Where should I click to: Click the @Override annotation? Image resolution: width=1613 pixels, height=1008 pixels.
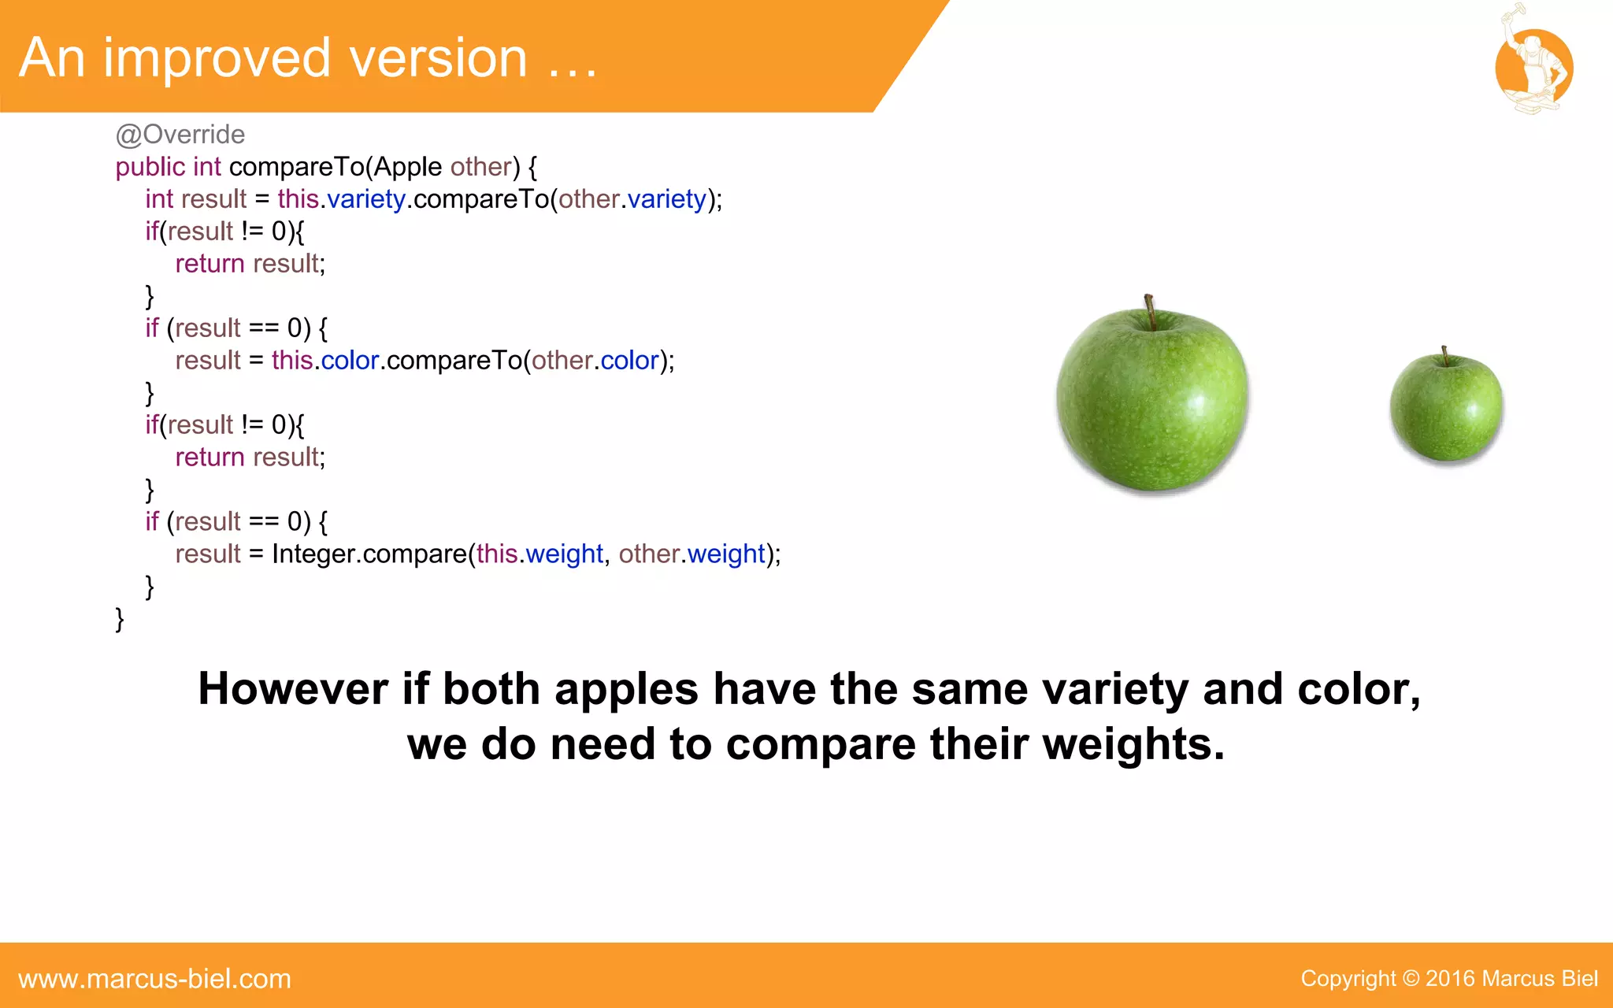coord(180,135)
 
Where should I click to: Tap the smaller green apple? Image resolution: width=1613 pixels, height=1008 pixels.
coord(1446,407)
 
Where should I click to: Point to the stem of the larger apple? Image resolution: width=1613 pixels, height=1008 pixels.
coord(1150,310)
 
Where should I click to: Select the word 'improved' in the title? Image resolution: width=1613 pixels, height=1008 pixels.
coord(217,58)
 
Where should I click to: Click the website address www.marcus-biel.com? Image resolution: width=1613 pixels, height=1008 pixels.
coord(154,979)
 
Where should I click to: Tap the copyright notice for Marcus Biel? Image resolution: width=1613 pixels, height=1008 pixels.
coord(1448,979)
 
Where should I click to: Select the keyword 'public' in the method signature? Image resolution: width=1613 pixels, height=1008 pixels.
coord(150,167)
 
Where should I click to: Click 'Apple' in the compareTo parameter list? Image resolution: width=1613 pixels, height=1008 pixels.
coord(407,167)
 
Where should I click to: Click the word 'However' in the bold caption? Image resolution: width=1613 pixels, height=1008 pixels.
coord(292,689)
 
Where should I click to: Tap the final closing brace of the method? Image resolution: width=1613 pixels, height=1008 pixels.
coord(120,619)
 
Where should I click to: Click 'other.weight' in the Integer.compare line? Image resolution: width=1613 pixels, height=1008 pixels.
coord(692,554)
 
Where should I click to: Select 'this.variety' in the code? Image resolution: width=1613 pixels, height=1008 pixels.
coord(341,199)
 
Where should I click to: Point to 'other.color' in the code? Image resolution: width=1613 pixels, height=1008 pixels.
coord(595,361)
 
